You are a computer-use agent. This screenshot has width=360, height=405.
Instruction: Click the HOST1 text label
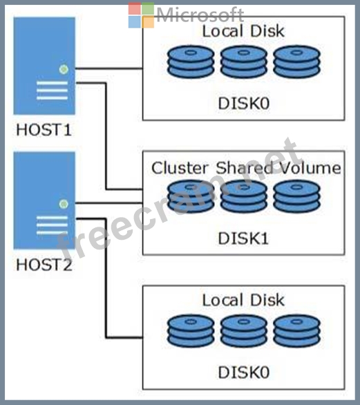44,130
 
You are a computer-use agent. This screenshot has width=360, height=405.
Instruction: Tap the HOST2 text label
44,265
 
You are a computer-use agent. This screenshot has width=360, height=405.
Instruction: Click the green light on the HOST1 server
64,69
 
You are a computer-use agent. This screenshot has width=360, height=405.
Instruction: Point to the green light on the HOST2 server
64,204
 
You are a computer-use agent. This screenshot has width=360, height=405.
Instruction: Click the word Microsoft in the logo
200,15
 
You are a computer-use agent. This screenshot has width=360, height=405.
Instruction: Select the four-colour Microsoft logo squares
141,15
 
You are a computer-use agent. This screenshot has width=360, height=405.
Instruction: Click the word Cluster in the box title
180,168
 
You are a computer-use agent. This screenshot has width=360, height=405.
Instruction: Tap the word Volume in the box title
310,168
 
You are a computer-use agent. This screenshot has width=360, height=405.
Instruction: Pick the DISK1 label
243,238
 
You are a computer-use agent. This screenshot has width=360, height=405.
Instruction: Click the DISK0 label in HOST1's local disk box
244,103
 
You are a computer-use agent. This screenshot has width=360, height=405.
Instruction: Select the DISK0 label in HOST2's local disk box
244,373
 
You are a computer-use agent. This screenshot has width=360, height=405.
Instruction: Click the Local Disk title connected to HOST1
243,31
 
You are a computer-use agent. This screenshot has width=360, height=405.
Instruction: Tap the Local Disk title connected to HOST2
243,300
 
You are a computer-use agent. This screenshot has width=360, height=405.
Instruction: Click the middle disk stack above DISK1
243,196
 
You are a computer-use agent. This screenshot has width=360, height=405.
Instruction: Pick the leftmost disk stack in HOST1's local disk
191,62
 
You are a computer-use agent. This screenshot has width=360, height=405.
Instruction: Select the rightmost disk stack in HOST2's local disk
296,331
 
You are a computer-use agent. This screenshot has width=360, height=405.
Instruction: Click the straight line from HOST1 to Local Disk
108,68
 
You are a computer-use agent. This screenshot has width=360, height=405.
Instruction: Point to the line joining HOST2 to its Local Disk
106,278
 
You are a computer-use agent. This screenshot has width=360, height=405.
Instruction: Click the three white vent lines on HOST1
52,91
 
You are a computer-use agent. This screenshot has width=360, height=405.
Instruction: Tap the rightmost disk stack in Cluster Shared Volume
296,196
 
